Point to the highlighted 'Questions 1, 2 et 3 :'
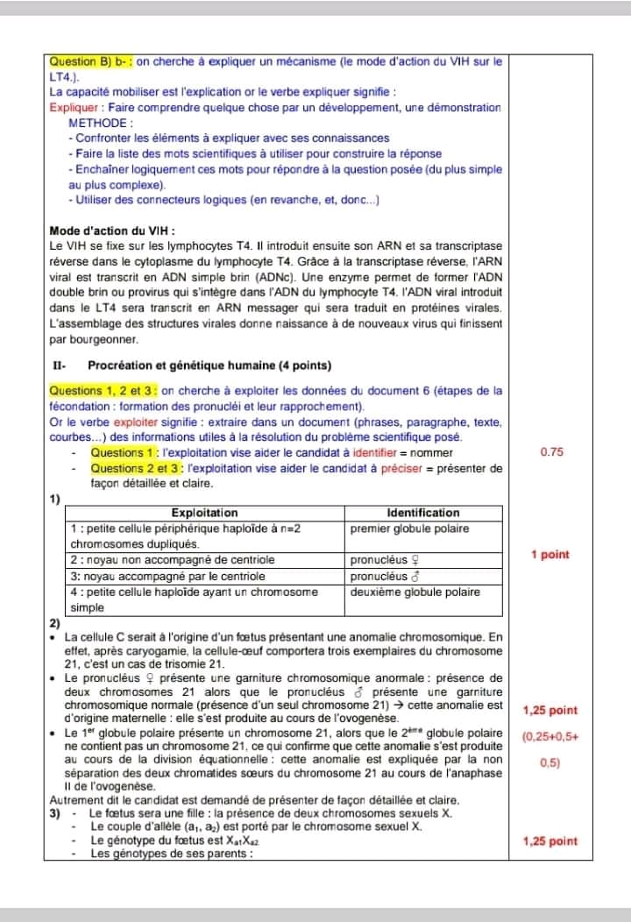(103, 391)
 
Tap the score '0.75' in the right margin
(553, 452)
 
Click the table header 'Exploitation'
(204, 513)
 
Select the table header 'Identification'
(422, 513)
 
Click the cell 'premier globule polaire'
(409, 528)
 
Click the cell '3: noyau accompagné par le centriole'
(167, 576)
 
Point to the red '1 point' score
(550, 555)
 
